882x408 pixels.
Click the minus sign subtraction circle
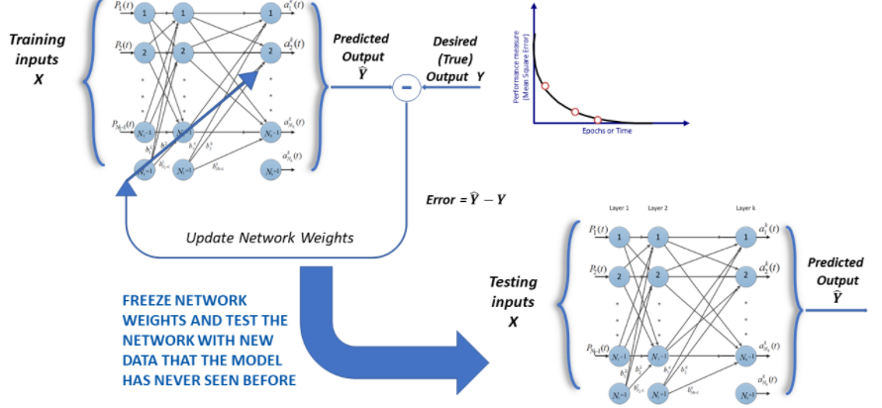coord(405,88)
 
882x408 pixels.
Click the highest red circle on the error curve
coord(545,86)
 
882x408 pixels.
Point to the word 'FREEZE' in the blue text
coord(148,300)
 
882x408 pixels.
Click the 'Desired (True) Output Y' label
coord(457,58)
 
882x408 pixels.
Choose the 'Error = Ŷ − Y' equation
coord(466,199)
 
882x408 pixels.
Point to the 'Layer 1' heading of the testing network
coord(620,210)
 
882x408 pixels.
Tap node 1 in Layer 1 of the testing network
coord(620,237)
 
